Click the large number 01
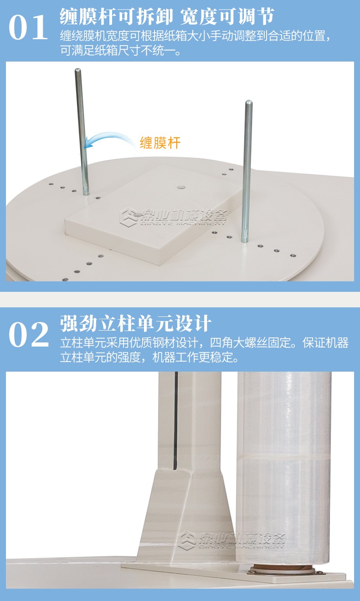(x=28, y=27)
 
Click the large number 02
(x=29, y=335)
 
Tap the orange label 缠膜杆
(x=160, y=143)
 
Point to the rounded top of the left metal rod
(x=78, y=71)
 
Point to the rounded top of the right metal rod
(x=249, y=103)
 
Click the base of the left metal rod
(x=86, y=192)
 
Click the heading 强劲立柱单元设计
(x=136, y=323)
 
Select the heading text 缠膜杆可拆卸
(x=116, y=16)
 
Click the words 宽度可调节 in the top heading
(x=227, y=16)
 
